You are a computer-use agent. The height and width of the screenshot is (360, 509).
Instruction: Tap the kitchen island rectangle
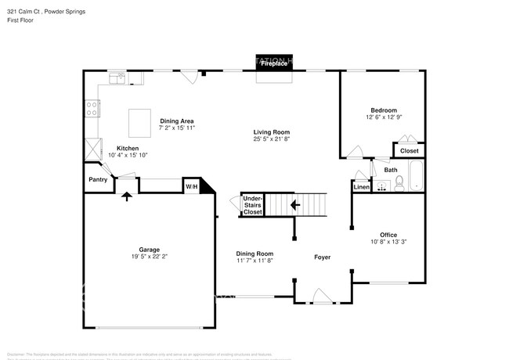coord(141,123)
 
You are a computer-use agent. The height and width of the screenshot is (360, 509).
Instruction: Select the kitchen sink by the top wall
coord(117,77)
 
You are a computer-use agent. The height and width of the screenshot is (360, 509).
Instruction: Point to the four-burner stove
coord(92,109)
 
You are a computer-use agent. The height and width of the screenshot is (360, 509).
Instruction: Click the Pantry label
coord(98,179)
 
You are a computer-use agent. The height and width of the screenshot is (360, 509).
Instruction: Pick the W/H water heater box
coord(191,186)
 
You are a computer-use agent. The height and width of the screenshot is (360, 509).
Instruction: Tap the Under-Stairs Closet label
coord(252,205)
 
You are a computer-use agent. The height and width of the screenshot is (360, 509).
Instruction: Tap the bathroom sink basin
coord(381,186)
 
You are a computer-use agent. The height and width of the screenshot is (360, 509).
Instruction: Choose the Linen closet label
coord(361,187)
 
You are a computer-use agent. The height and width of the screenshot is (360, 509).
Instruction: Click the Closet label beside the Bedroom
coord(409,150)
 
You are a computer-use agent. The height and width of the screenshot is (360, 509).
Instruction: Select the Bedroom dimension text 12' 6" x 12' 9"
coord(384,118)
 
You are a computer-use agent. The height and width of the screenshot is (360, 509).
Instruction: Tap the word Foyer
coord(322,257)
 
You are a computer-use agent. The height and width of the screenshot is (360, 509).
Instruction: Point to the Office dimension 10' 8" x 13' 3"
coord(388,242)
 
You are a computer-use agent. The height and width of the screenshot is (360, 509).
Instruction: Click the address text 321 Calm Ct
coord(24,13)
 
